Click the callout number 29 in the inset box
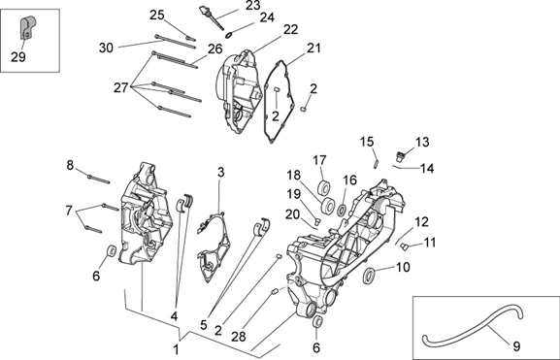click(18, 56)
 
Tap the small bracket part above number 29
click(27, 27)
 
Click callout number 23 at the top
click(253, 6)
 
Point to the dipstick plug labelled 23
click(212, 17)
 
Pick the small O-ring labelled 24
click(229, 35)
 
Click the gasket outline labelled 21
click(280, 102)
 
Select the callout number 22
click(291, 29)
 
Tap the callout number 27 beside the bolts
click(120, 87)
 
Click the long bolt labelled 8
click(99, 179)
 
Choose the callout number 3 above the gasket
click(221, 172)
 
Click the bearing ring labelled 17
click(324, 188)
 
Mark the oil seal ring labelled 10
click(369, 276)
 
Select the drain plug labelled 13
click(401, 156)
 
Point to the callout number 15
click(367, 142)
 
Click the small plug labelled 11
click(405, 246)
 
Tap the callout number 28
click(239, 336)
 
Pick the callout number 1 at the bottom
click(176, 349)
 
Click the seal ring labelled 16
click(342, 210)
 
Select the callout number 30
click(106, 48)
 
